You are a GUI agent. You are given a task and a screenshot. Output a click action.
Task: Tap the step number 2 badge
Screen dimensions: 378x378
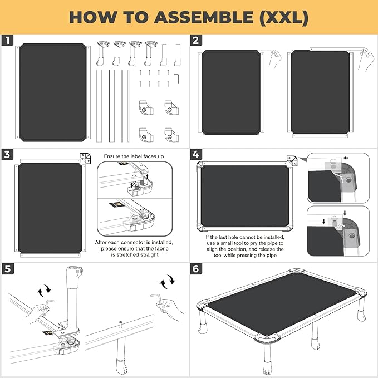pyautogui.click(x=196, y=41)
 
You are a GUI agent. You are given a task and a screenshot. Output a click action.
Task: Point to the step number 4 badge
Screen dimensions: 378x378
pyautogui.click(x=196, y=154)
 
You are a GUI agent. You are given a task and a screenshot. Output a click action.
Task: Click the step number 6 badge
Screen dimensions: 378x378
pyautogui.click(x=196, y=268)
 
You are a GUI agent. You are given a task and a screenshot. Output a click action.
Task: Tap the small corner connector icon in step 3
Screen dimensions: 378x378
pyautogui.click(x=86, y=158)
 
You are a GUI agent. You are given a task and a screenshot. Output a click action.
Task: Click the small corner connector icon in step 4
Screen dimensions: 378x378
pyautogui.click(x=291, y=160)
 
